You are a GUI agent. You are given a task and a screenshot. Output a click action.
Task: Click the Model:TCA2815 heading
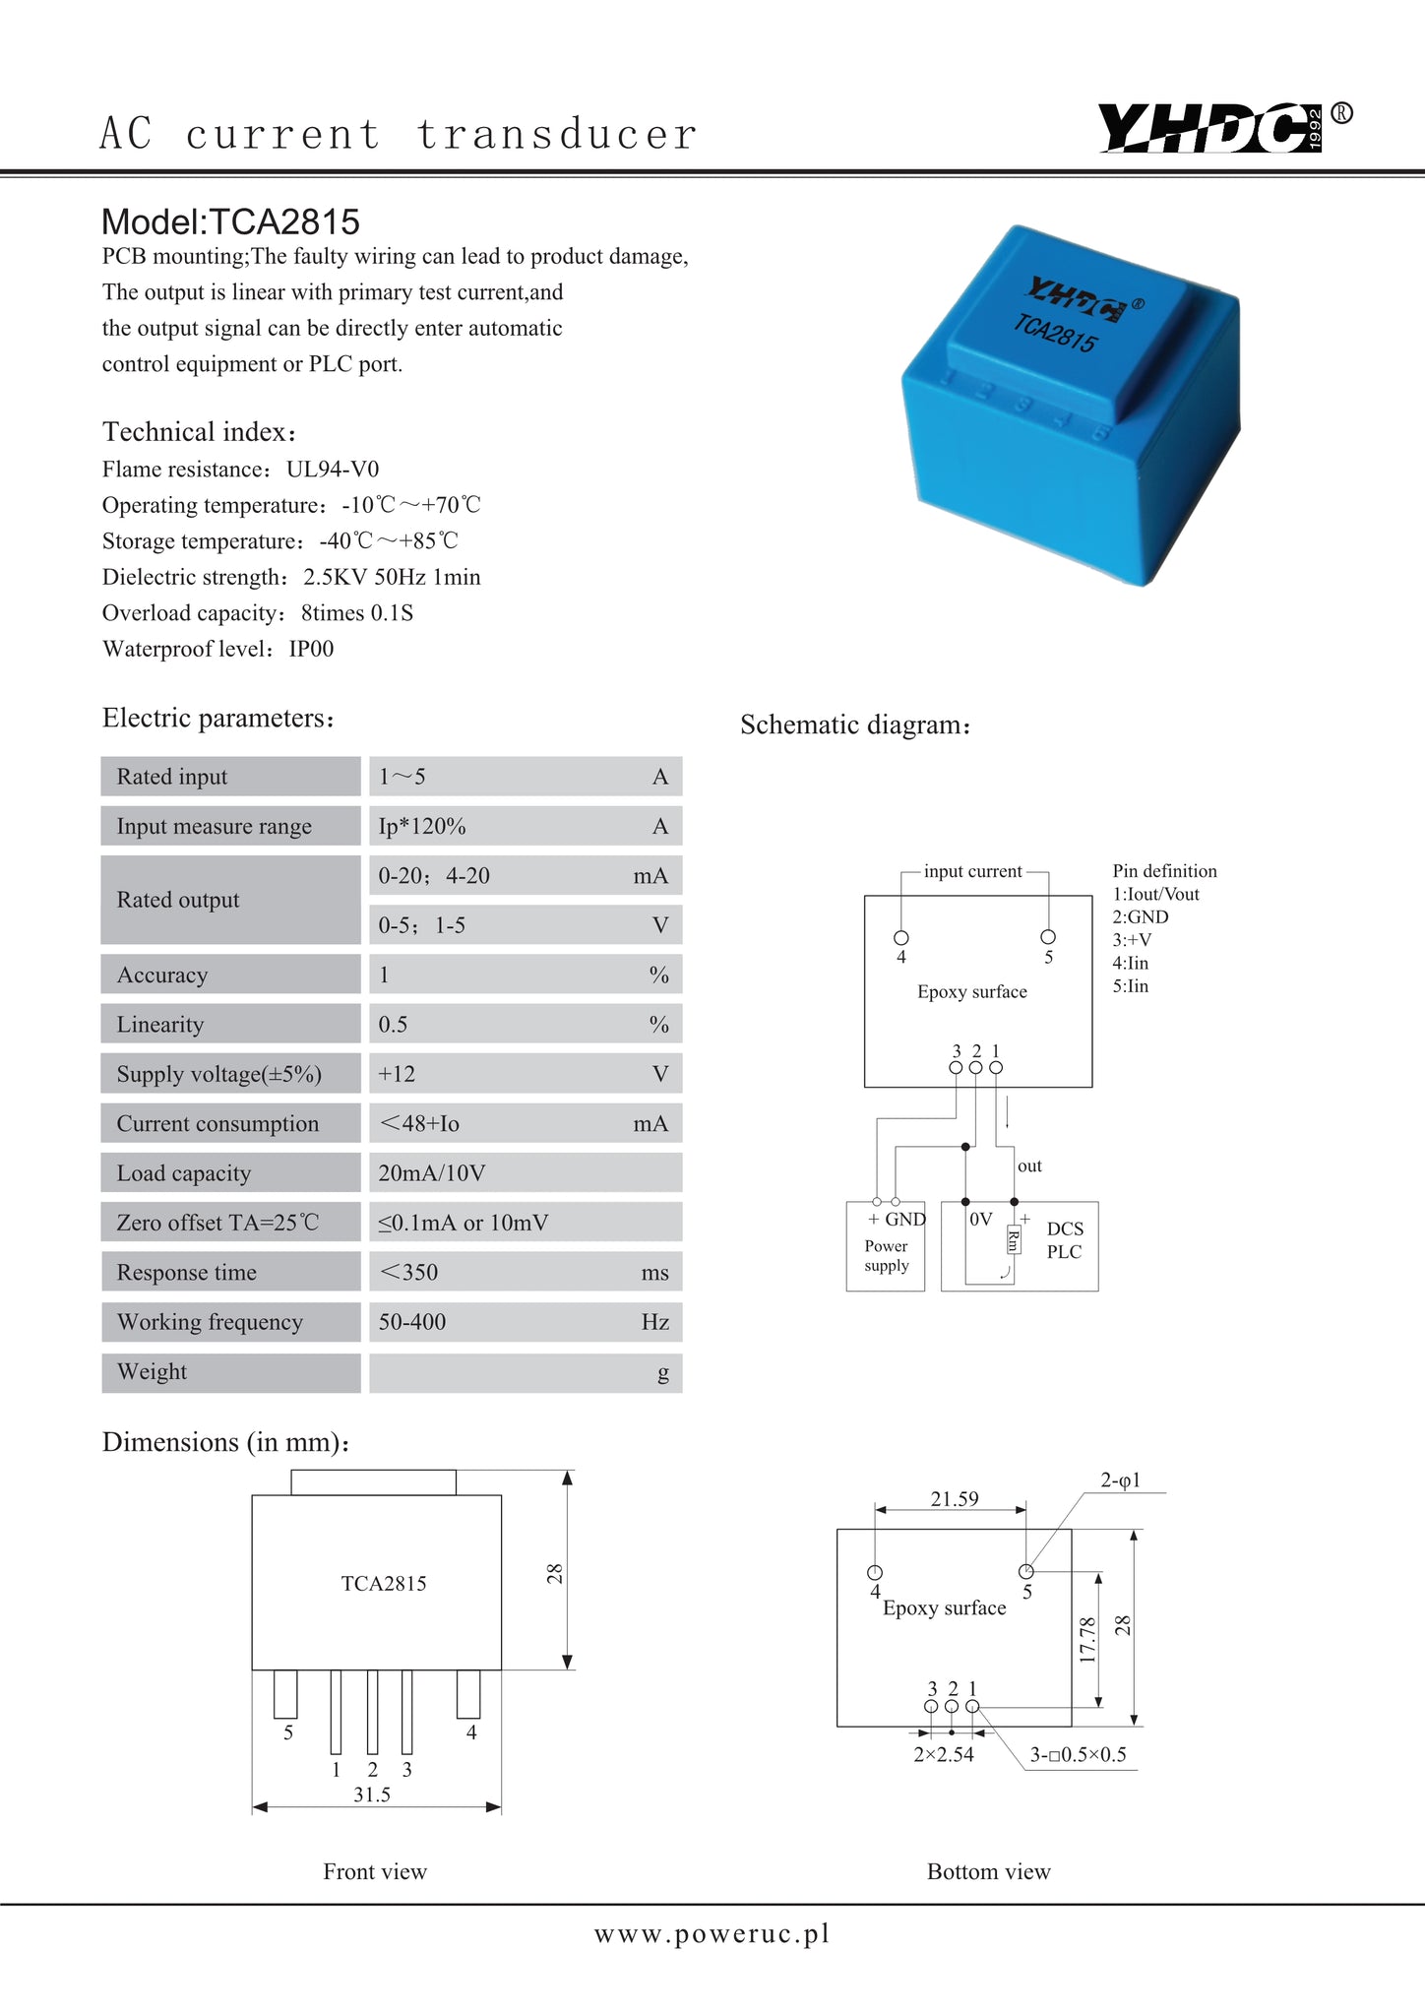pos(231,222)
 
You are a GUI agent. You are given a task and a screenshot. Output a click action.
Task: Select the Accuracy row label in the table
pos(162,975)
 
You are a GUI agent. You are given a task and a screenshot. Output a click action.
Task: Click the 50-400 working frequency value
pos(412,1322)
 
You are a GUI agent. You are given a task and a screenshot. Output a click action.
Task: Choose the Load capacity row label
pos(184,1173)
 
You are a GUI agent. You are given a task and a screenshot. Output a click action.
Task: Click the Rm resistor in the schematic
pos(1014,1241)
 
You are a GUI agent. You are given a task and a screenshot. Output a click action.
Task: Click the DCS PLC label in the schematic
pos(1065,1240)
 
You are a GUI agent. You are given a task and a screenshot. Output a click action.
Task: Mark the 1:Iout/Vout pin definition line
pos(1155,894)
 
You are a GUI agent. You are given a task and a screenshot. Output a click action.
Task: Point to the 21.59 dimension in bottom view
pos(955,1498)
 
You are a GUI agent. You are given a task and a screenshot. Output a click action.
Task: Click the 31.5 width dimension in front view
pos(372,1795)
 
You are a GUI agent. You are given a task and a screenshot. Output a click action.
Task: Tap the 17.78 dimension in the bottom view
pos(1087,1640)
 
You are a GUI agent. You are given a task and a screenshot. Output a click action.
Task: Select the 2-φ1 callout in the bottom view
pos(1120,1480)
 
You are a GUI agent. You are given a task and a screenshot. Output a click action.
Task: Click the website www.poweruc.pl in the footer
pos(712,1934)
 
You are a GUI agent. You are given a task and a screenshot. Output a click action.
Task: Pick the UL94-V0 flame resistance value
pos(333,470)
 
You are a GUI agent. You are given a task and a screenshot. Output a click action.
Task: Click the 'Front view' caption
pos(375,1871)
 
